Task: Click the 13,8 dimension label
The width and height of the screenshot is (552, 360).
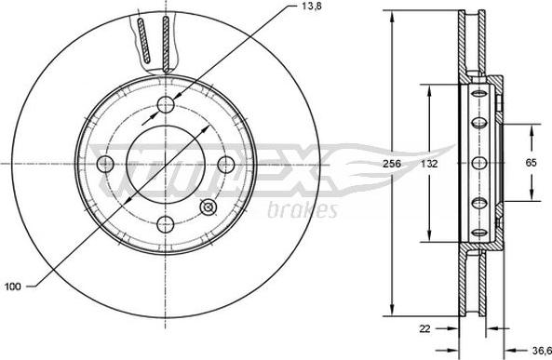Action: [x=312, y=6]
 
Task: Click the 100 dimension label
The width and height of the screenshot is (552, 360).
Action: [x=13, y=287]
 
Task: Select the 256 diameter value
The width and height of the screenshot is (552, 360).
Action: [x=392, y=164]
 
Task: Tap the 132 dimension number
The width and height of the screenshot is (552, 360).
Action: [x=429, y=164]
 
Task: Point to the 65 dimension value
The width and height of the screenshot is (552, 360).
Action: [x=531, y=163]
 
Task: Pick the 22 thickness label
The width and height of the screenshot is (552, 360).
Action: [x=424, y=328]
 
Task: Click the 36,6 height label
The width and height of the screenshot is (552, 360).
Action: [x=541, y=351]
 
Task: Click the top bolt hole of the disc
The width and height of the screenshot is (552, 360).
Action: [x=166, y=104]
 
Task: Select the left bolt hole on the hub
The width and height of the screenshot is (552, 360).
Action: [x=105, y=164]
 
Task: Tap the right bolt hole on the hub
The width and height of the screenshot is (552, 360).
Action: [x=226, y=164]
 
